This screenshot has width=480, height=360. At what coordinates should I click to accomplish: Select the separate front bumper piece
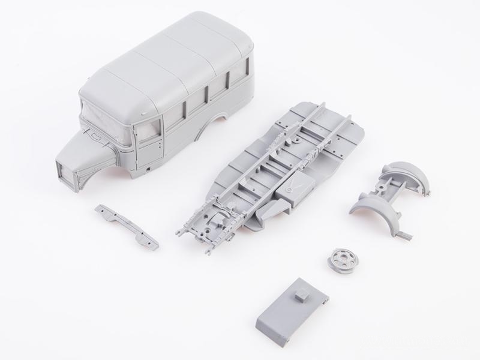click(126, 226)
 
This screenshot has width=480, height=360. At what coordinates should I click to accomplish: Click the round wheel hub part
click(340, 260)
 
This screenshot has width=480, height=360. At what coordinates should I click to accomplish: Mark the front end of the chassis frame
click(198, 231)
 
